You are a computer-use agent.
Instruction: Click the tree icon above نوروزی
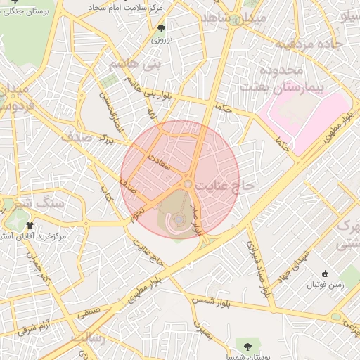click(162, 28)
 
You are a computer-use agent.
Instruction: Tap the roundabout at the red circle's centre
click(188, 184)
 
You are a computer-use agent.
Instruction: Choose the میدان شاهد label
click(224, 18)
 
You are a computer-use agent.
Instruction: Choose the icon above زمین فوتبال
click(324, 274)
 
